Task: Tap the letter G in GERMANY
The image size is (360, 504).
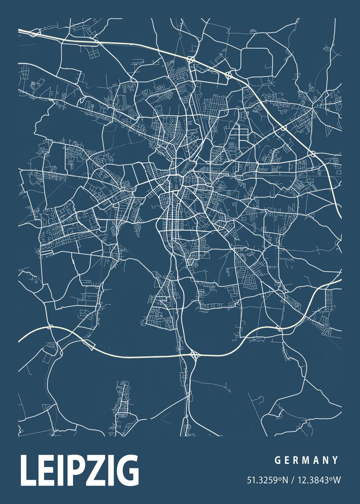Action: point(277,461)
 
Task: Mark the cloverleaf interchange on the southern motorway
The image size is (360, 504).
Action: point(194,355)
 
